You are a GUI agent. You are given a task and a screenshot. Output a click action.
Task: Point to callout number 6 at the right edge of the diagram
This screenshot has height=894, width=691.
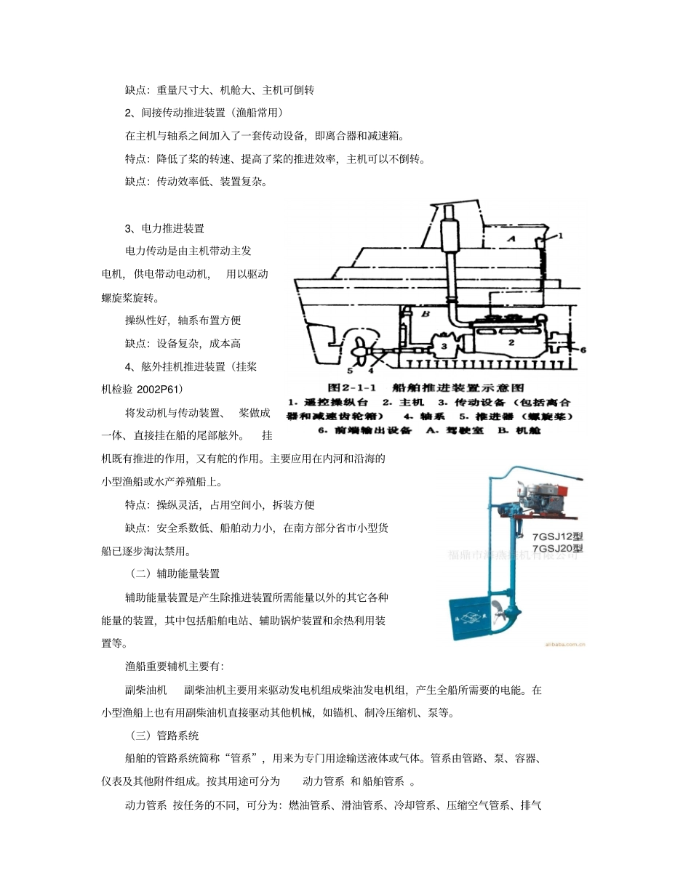pos(582,349)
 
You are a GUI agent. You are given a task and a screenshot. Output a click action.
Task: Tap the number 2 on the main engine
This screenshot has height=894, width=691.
pos(511,342)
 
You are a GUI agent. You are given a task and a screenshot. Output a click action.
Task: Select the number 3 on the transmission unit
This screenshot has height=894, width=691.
pos(444,345)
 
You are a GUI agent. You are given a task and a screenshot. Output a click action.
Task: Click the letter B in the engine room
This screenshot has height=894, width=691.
pos(427,314)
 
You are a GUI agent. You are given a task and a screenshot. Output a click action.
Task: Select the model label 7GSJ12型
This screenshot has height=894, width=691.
pos(558,538)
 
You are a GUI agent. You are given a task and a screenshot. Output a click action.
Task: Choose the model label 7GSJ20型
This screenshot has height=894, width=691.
pos(558,549)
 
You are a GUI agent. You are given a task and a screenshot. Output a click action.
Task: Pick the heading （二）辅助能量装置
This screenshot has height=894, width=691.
pos(175,573)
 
